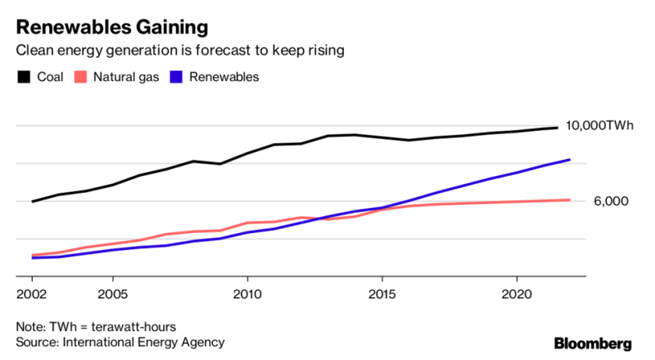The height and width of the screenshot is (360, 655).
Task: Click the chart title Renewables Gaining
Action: pos(112,28)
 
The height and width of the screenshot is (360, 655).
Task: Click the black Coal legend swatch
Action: pos(23,77)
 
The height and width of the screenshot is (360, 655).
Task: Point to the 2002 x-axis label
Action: pos(32,295)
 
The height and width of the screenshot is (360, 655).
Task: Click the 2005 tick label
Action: pos(113,295)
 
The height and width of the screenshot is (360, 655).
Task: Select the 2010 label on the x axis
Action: pos(247,295)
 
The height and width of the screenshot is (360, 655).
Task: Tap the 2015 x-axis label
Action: pos(382,295)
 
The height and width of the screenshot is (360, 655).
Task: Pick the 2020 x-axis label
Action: pos(516,295)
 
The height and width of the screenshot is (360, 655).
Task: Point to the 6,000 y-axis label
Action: pos(610,201)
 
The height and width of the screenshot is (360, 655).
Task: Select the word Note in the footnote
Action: pos(30,326)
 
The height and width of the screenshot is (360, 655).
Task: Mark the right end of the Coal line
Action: pos(557,127)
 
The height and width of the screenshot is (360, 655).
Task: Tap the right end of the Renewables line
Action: pos(570,160)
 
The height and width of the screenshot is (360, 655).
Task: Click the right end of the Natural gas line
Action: pos(570,200)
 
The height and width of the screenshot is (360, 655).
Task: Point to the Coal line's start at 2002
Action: pos(32,201)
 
